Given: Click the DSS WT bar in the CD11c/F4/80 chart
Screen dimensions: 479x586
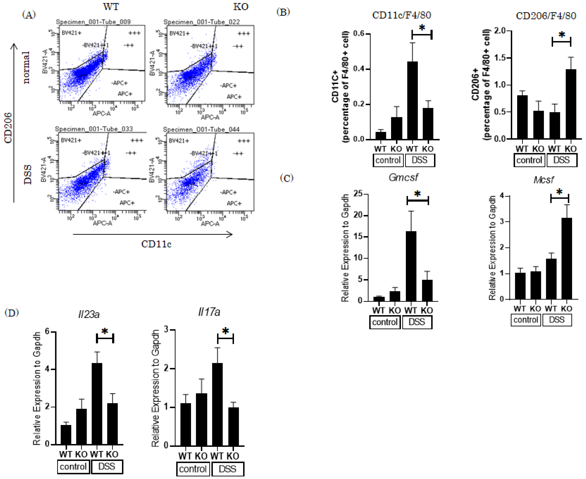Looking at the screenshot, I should (412, 101).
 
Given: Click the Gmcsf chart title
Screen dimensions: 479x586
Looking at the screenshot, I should (403, 177).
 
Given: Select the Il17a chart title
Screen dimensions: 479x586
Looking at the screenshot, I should (209, 312).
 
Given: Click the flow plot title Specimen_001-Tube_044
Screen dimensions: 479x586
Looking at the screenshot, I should (201, 129).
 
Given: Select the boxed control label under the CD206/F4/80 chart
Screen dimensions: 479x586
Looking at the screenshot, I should (529, 160).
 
